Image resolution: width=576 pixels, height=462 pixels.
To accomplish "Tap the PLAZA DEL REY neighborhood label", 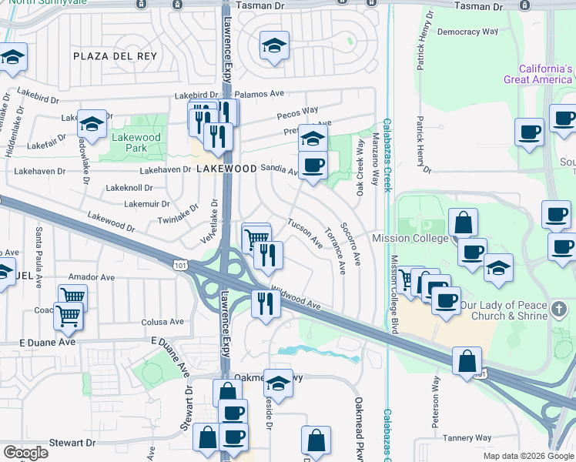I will click(116, 56).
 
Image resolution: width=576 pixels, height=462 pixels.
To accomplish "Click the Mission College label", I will click(410, 238).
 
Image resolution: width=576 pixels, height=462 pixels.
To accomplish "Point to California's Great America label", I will click(538, 74).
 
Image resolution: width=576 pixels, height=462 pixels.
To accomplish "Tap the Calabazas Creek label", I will click(387, 155).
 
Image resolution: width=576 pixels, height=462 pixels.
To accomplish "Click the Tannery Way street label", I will click(467, 437).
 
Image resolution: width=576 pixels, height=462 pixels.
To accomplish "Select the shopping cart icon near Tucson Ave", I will click(255, 238).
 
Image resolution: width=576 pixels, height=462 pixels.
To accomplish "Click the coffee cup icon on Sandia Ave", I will click(313, 166).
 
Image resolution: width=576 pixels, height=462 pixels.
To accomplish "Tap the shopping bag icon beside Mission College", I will click(463, 223).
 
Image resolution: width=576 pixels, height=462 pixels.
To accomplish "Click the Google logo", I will click(25, 453).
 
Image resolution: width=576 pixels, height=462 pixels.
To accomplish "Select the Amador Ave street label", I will click(91, 276).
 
